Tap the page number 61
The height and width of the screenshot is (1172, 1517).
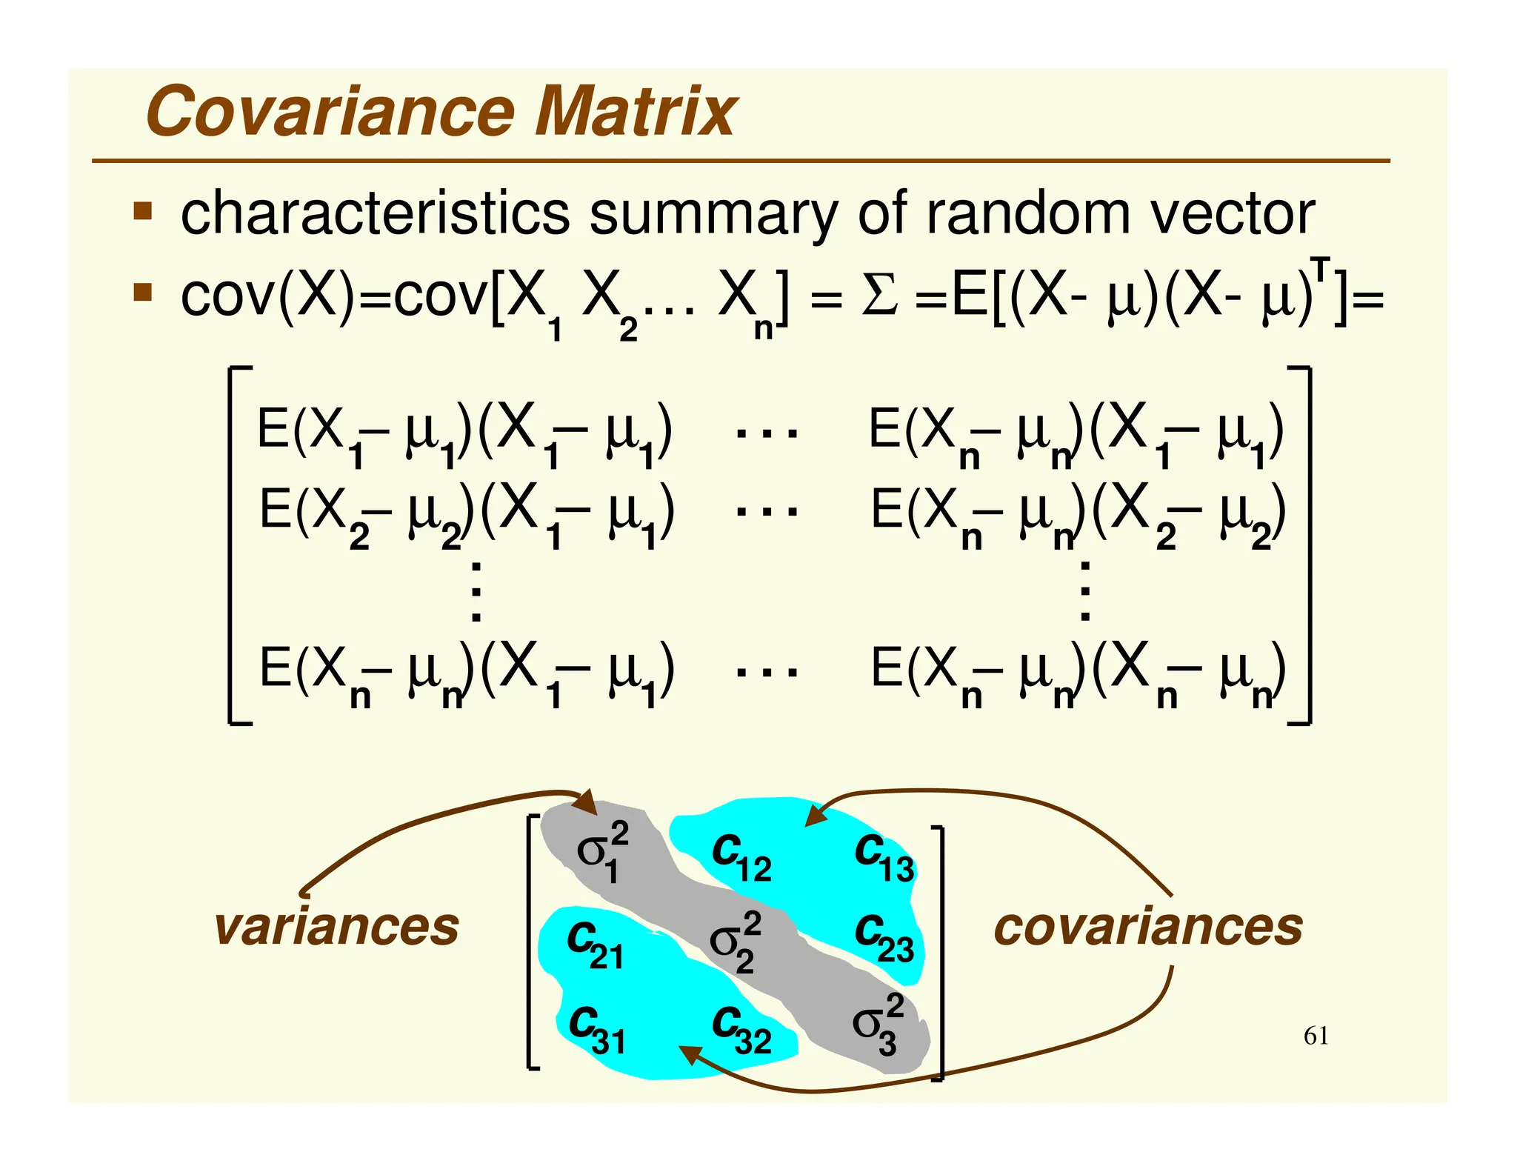click(1316, 1036)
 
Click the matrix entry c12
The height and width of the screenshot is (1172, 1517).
click(741, 856)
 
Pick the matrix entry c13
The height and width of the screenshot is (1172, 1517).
click(884, 856)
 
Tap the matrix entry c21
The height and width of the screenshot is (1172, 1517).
click(595, 945)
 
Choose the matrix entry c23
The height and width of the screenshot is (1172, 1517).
click(884, 937)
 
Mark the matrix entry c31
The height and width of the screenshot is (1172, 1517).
click(597, 1030)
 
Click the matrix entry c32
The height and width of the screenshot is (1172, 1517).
click(741, 1030)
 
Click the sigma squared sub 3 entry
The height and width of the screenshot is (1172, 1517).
click(878, 1024)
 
